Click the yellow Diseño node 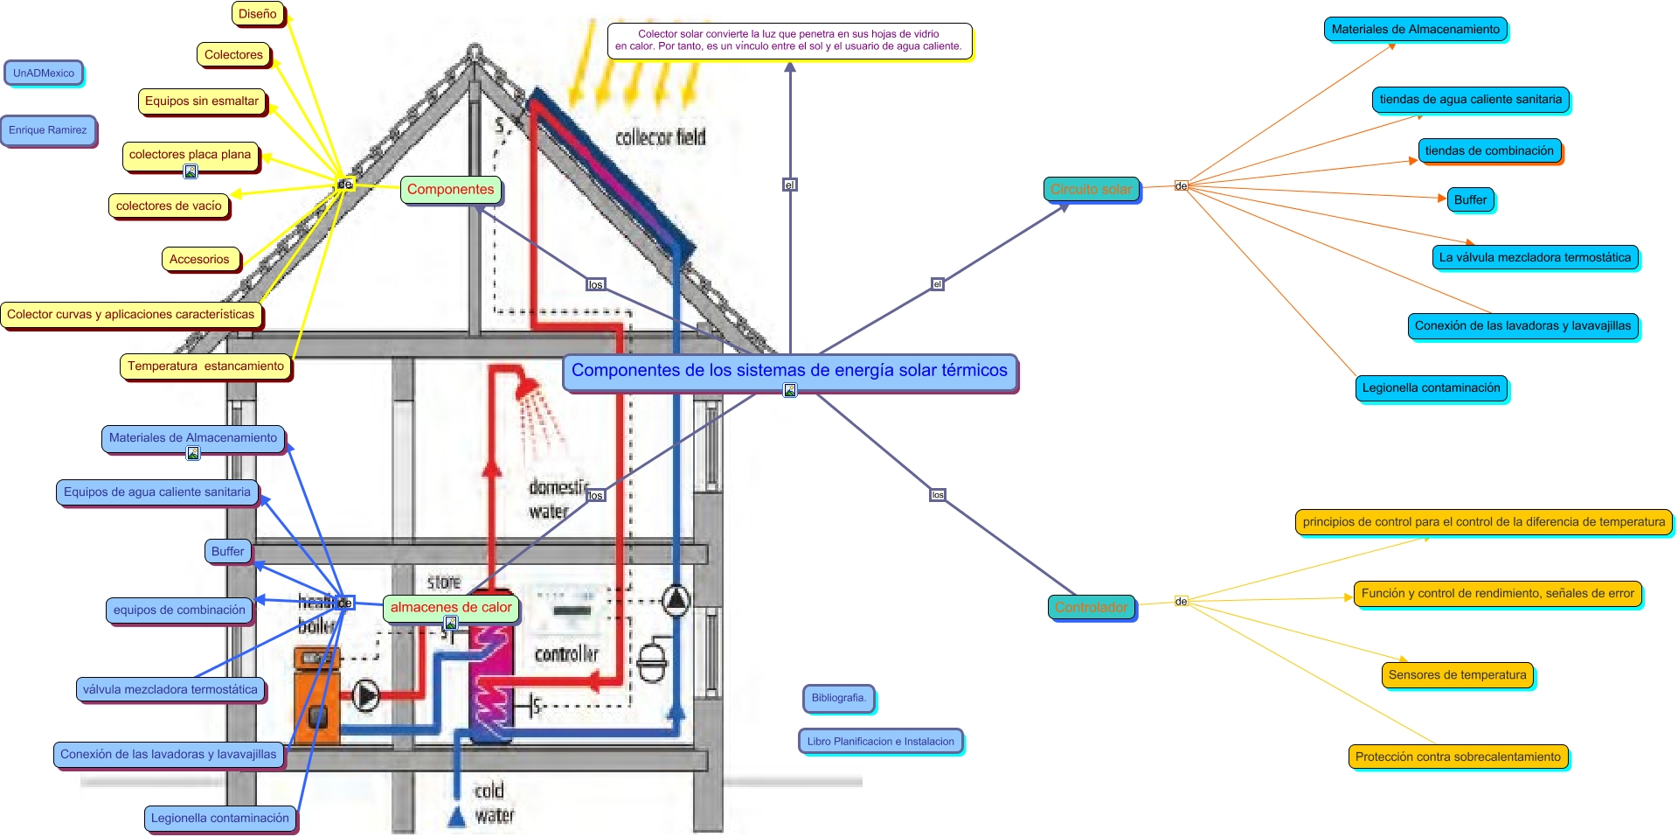(257, 14)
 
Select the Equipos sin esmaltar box (202, 101)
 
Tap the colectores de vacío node (169, 206)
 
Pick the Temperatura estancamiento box (205, 366)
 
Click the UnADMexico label (44, 73)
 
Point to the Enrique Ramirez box (48, 130)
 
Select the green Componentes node (450, 190)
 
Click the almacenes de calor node (451, 608)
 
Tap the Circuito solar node (1091, 190)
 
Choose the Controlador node (1091, 608)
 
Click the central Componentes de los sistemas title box (789, 371)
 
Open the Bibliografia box (838, 698)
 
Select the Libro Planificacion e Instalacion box (880, 742)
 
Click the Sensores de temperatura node (1457, 675)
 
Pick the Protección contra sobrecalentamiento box (1458, 757)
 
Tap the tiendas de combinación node (1489, 151)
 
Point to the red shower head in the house (528, 386)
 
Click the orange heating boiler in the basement (315, 695)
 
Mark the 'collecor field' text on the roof (660, 137)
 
